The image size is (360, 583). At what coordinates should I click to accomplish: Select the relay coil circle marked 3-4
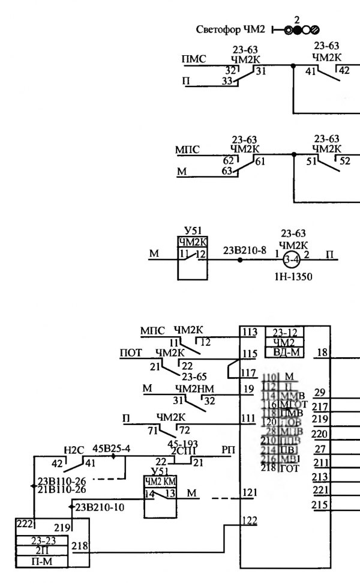click(x=292, y=260)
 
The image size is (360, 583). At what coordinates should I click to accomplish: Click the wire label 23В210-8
click(x=244, y=250)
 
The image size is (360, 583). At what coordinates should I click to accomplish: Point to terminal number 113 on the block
click(x=248, y=332)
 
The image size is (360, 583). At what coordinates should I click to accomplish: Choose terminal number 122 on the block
click(x=248, y=520)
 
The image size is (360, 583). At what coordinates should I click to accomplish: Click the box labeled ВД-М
click(x=284, y=352)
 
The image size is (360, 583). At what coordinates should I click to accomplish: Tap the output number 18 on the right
click(x=322, y=352)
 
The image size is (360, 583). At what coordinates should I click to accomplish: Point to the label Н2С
click(x=73, y=450)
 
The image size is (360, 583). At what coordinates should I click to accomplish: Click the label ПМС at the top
click(x=193, y=59)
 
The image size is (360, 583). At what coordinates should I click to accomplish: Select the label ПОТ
click(x=131, y=352)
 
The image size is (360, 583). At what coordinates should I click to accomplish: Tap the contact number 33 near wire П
click(x=227, y=82)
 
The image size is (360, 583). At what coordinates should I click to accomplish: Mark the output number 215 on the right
click(x=320, y=504)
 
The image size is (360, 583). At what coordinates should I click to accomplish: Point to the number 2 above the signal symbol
click(x=296, y=19)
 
